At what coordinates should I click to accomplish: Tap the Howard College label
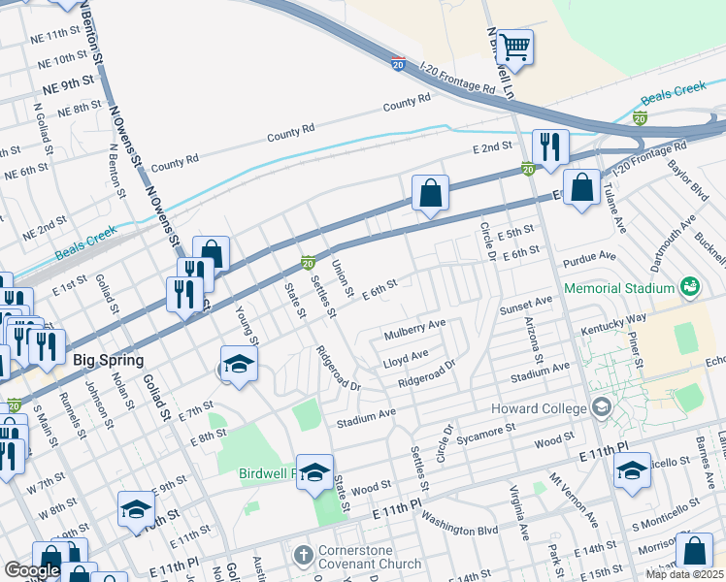pos(540,406)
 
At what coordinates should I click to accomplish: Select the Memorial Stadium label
pos(618,288)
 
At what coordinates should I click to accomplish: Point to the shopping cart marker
pos(514,46)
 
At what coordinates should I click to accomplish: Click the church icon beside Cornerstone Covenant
pos(303,556)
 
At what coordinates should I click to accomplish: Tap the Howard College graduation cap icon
pos(602,406)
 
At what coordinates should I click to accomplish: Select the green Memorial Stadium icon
pos(689,287)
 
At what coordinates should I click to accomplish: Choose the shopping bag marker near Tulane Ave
pos(581,189)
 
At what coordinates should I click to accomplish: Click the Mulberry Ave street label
pos(414,328)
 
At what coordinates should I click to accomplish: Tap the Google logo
pos(32,570)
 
